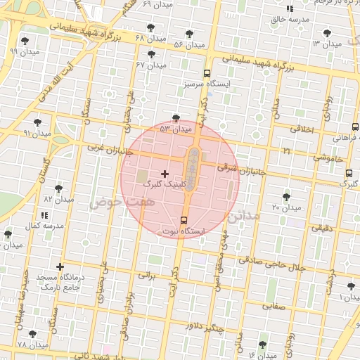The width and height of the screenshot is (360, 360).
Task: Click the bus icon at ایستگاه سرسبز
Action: tap(207, 73)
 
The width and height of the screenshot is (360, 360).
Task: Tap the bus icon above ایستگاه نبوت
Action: tap(184, 220)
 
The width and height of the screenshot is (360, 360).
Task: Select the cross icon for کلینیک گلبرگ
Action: tap(165, 173)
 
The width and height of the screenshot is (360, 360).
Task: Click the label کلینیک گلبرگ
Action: tap(162, 184)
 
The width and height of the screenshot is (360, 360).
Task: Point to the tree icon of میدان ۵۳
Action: tap(175, 118)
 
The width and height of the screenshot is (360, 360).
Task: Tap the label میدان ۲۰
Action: tap(285, 207)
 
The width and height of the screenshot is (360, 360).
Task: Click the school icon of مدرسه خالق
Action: tap(290, 8)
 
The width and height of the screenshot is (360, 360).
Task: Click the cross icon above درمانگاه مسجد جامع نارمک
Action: tap(60, 266)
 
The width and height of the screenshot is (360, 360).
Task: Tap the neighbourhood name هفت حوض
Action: tap(111, 201)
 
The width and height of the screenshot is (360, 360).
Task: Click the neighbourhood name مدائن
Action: tap(243, 215)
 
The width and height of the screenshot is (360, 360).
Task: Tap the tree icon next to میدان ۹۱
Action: tap(37, 122)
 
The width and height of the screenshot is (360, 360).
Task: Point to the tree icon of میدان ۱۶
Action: tap(263, 345)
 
